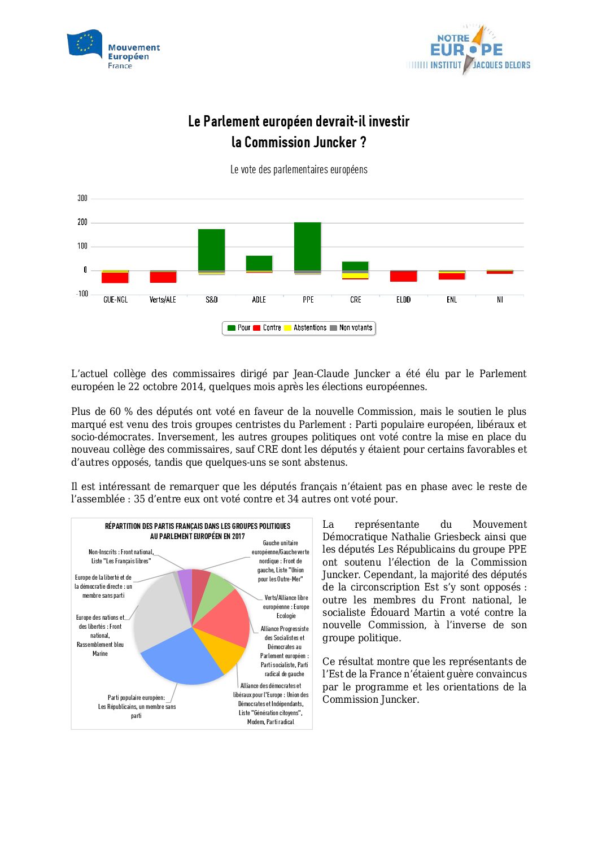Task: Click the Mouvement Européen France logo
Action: (x=114, y=50)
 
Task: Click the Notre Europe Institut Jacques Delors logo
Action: (x=468, y=50)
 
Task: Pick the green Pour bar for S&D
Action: (x=212, y=249)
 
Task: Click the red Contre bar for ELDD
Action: (x=404, y=276)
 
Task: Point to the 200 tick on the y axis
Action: (x=82, y=222)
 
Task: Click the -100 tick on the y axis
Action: (x=82, y=294)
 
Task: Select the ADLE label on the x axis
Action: (x=259, y=300)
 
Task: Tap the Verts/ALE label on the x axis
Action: (x=163, y=300)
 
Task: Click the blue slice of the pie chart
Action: (x=181, y=658)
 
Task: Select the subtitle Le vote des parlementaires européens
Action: (x=299, y=169)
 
